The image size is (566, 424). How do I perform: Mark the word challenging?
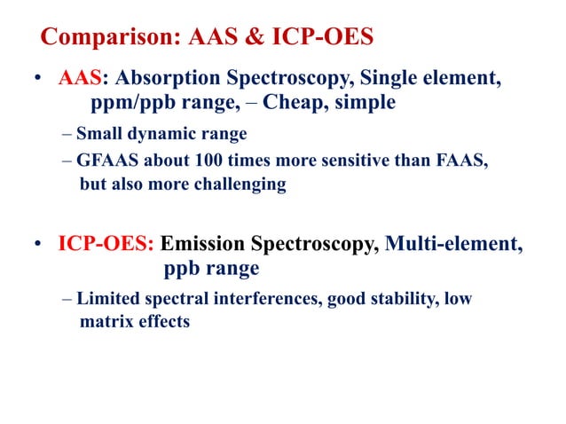pyautogui.click(x=239, y=185)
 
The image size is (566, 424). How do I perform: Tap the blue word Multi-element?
pyautogui.click(x=453, y=244)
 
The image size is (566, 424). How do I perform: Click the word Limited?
pyautogui.click(x=106, y=299)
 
